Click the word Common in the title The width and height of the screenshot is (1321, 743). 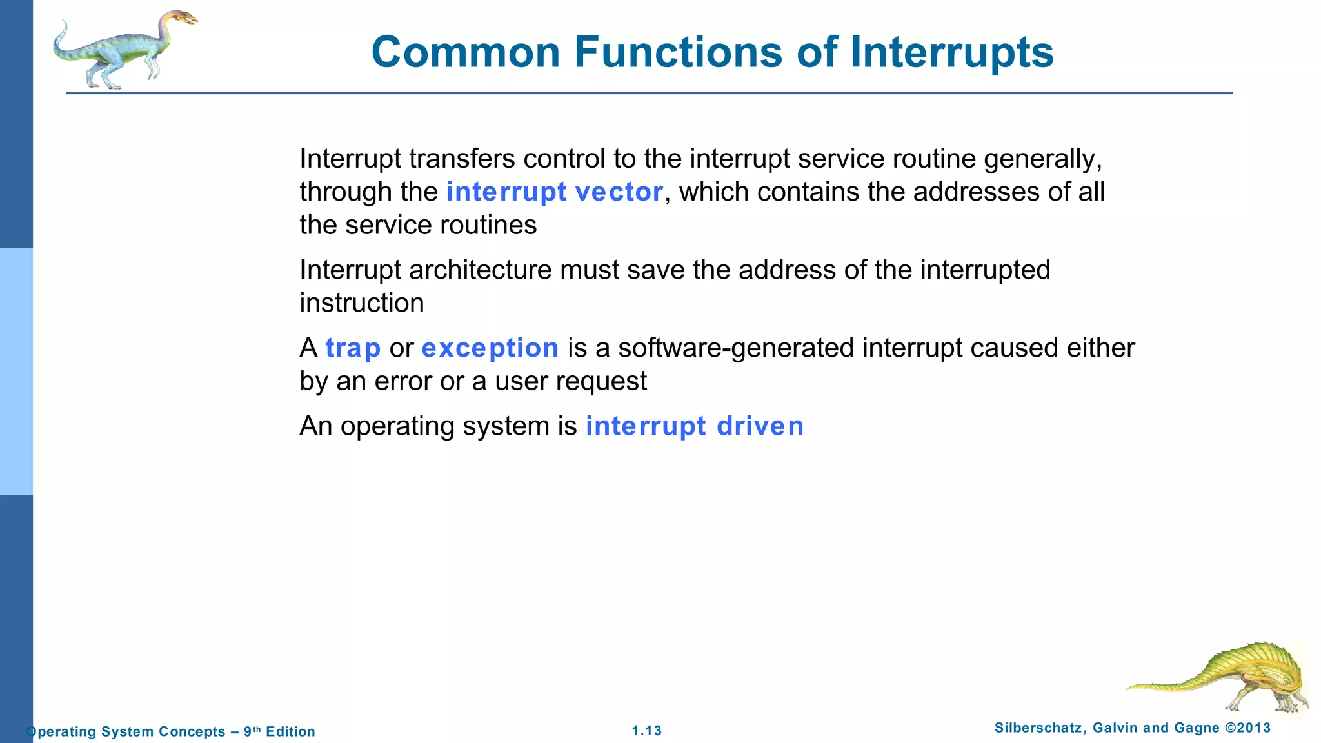click(465, 52)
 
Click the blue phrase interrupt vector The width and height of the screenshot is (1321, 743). click(554, 192)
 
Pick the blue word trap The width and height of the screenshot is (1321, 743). click(353, 348)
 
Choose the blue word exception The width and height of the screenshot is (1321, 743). click(490, 348)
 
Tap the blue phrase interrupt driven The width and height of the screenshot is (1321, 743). click(694, 426)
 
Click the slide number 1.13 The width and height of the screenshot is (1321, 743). click(646, 731)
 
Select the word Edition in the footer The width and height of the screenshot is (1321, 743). click(290, 731)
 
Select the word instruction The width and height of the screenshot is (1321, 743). click(361, 303)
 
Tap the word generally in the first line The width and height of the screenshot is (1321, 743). click(1042, 159)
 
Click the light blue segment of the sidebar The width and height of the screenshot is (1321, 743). click(16, 371)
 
